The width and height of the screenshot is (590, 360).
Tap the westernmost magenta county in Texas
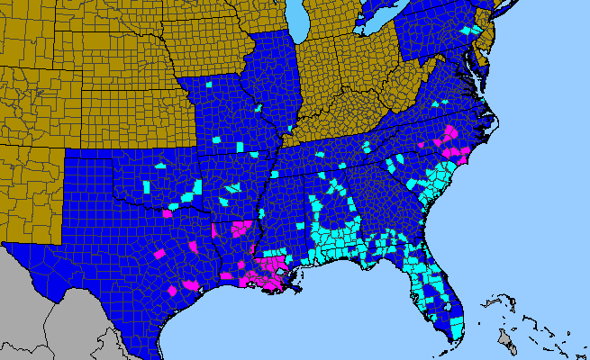(160, 254)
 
